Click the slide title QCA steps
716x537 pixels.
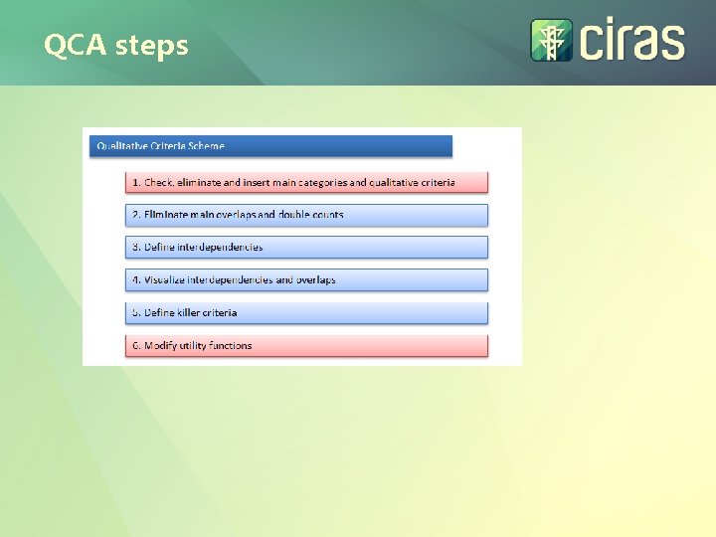[115, 45]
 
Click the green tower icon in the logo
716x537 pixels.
[551, 41]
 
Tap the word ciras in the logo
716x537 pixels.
[632, 42]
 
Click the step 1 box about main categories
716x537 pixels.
[307, 182]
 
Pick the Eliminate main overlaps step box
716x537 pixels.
[307, 215]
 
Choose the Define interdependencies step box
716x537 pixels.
[307, 247]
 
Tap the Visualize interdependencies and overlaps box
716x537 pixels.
[307, 279]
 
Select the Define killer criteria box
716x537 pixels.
[307, 312]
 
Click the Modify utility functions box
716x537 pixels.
[307, 345]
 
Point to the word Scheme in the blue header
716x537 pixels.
[207, 146]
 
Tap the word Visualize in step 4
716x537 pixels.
[164, 279]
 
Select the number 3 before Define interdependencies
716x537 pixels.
[135, 247]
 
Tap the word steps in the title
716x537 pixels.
[152, 46]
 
